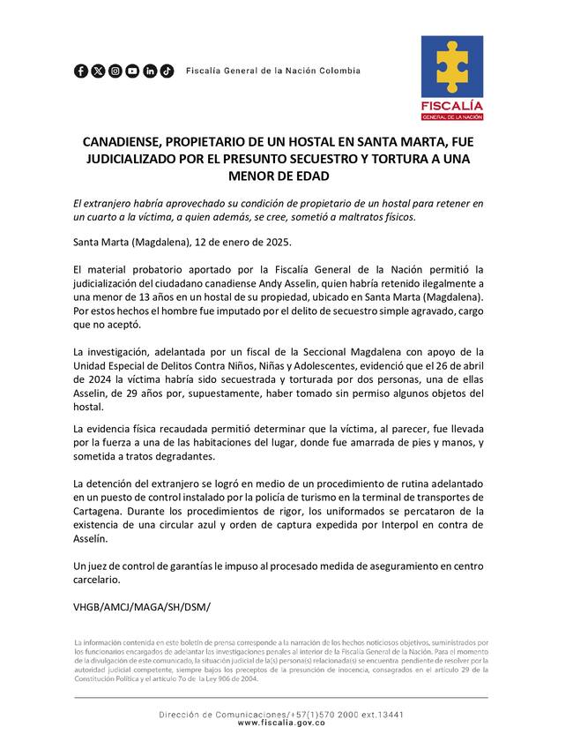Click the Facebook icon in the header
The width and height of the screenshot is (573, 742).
pyautogui.click(x=81, y=71)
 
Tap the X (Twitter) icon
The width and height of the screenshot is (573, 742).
pyautogui.click(x=98, y=71)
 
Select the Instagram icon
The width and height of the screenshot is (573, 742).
pyautogui.click(x=115, y=71)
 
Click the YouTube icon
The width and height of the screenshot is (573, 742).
pyautogui.click(x=132, y=71)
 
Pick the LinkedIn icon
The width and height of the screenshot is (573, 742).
pyautogui.click(x=150, y=71)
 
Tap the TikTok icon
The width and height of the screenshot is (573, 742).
pyautogui.click(x=167, y=71)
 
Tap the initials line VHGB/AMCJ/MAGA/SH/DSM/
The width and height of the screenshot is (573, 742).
pyautogui.click(x=142, y=608)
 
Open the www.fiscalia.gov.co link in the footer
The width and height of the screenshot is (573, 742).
pyautogui.click(x=281, y=723)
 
